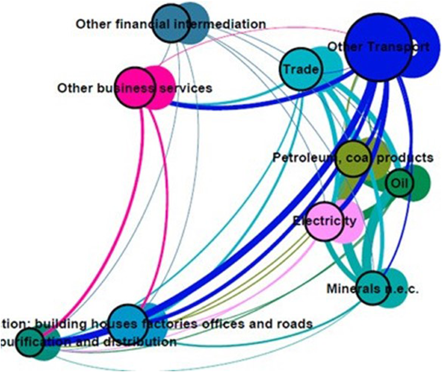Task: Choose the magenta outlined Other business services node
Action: [x=135, y=87]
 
